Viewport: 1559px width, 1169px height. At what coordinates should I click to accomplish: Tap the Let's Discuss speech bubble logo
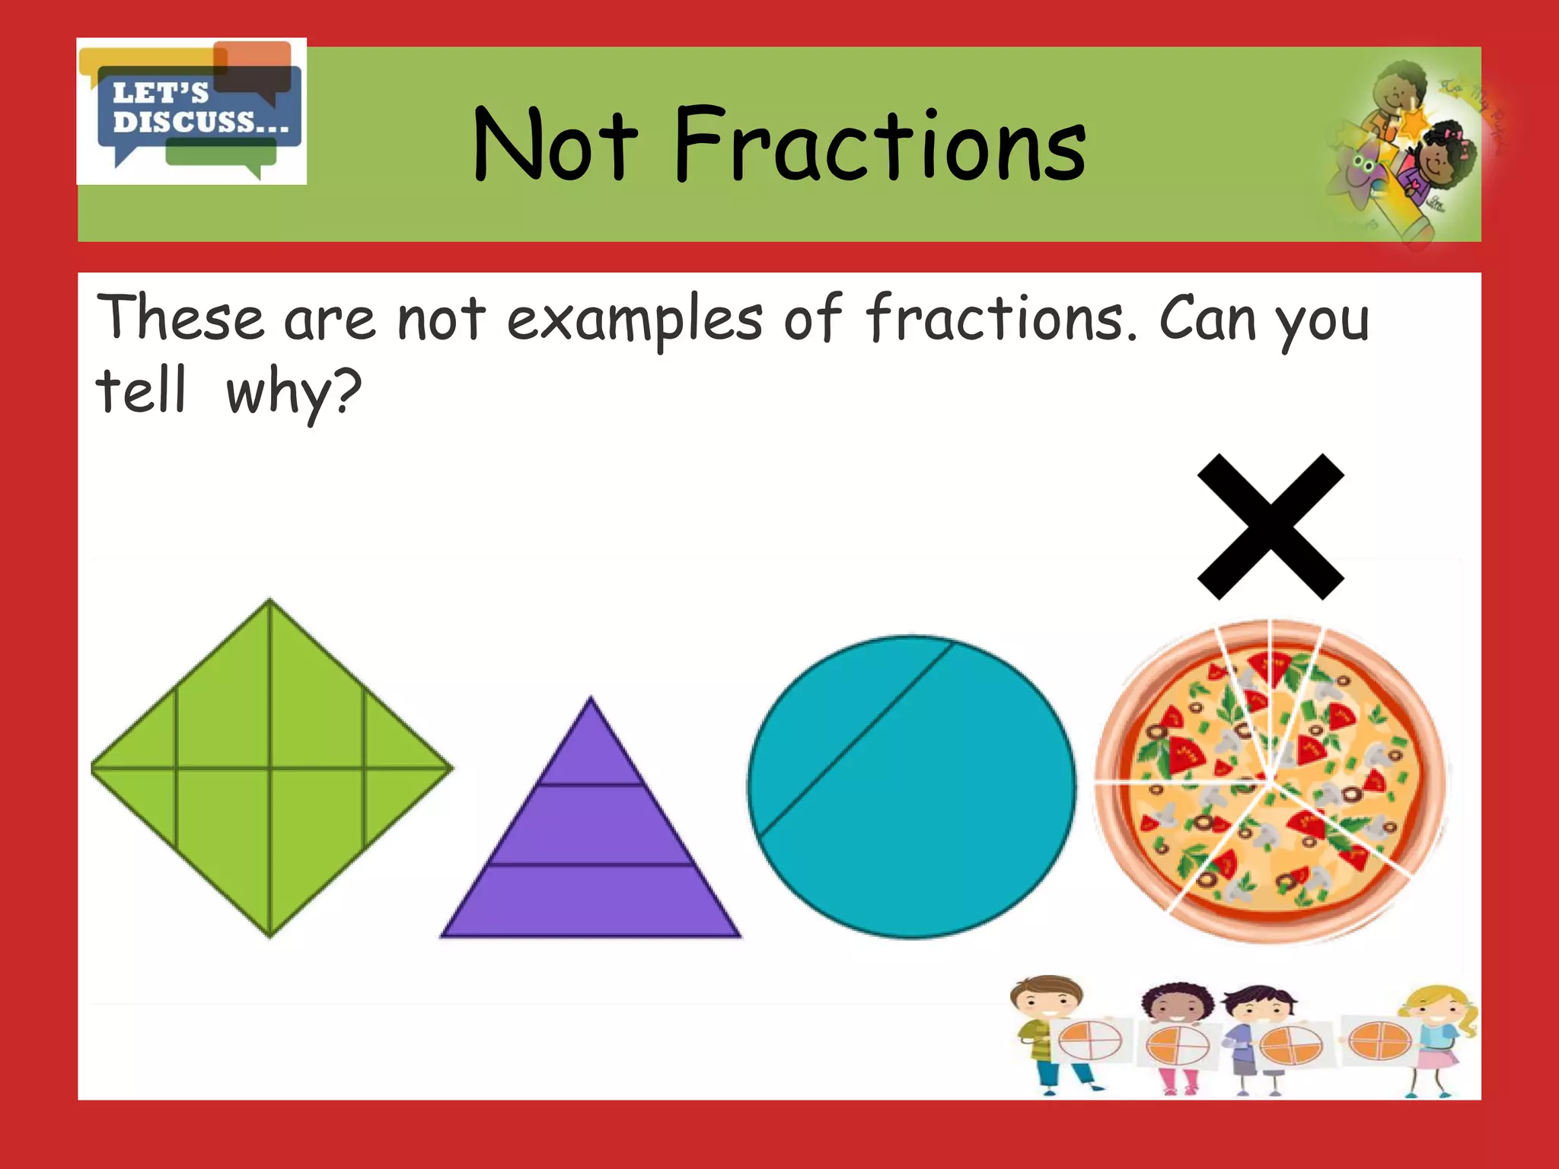pos(192,111)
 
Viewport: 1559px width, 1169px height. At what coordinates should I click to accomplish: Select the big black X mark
pos(1270,527)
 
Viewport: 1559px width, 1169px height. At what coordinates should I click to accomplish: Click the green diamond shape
pos(271,769)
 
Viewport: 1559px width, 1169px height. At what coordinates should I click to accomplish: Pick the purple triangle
pos(591,837)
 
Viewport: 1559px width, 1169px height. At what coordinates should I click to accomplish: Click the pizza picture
pos(1270,780)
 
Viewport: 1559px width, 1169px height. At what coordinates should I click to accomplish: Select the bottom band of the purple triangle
pos(591,902)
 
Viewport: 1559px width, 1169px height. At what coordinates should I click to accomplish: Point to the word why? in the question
pos(294,392)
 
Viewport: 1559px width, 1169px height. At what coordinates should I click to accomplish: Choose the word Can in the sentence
pos(1207,318)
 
